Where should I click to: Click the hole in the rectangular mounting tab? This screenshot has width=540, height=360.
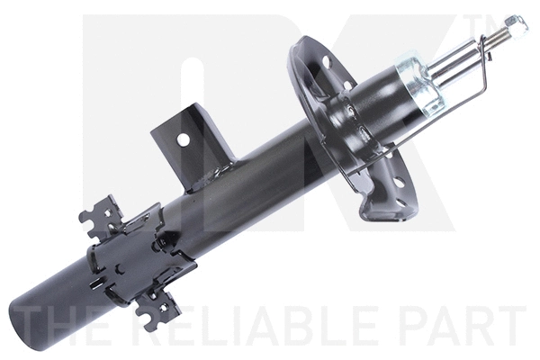click(x=184, y=139)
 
